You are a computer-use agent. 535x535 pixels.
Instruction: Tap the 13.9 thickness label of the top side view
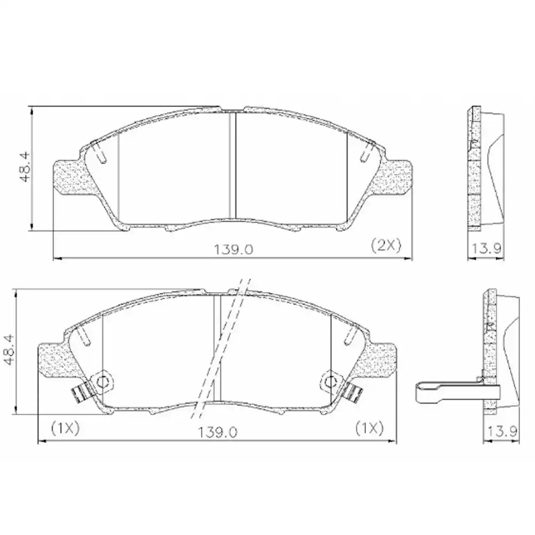(x=485, y=248)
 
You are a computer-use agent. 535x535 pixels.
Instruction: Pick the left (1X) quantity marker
(x=65, y=427)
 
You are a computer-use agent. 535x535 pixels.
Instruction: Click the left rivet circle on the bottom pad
(x=102, y=381)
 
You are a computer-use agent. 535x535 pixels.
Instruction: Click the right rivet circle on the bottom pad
(x=332, y=381)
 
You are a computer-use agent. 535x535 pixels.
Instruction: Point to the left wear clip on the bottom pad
(x=81, y=394)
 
